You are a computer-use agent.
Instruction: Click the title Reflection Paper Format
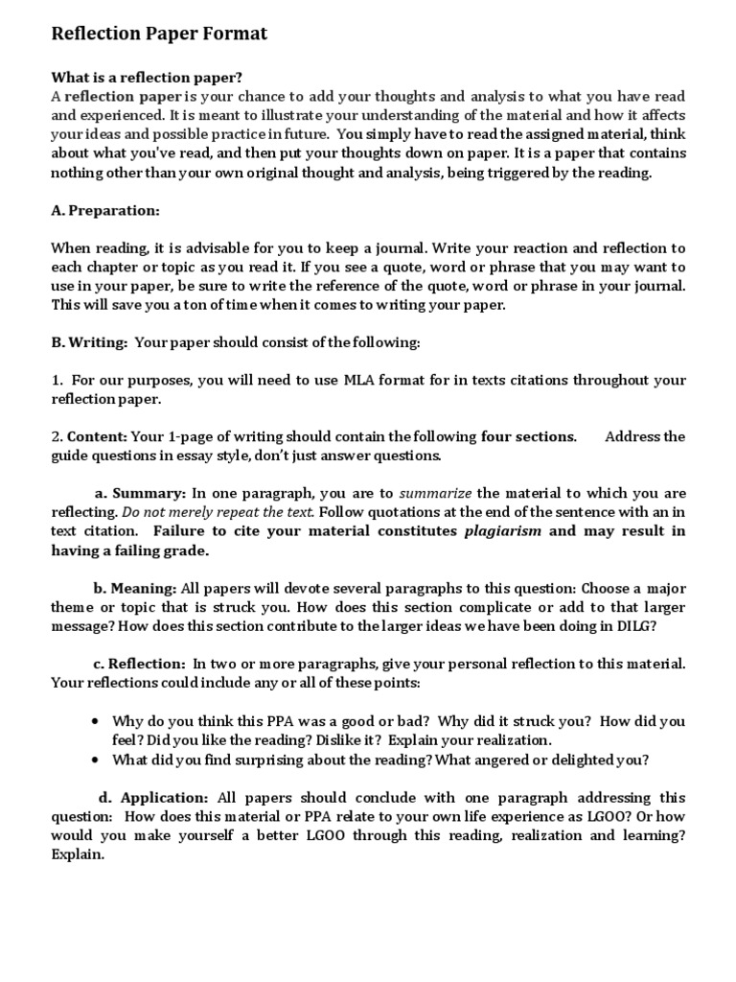click(159, 35)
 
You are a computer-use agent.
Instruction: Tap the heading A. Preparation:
click(105, 210)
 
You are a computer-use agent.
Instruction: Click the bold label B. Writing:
click(89, 342)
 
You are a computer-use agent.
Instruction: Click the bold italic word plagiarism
click(503, 531)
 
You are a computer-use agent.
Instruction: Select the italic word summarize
click(435, 493)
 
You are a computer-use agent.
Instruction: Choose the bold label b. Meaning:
click(135, 588)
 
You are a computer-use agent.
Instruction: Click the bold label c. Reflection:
click(139, 664)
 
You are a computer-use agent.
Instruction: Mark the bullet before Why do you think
click(95, 721)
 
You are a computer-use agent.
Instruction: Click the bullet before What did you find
click(95, 760)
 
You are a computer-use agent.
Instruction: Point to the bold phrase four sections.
click(528, 436)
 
